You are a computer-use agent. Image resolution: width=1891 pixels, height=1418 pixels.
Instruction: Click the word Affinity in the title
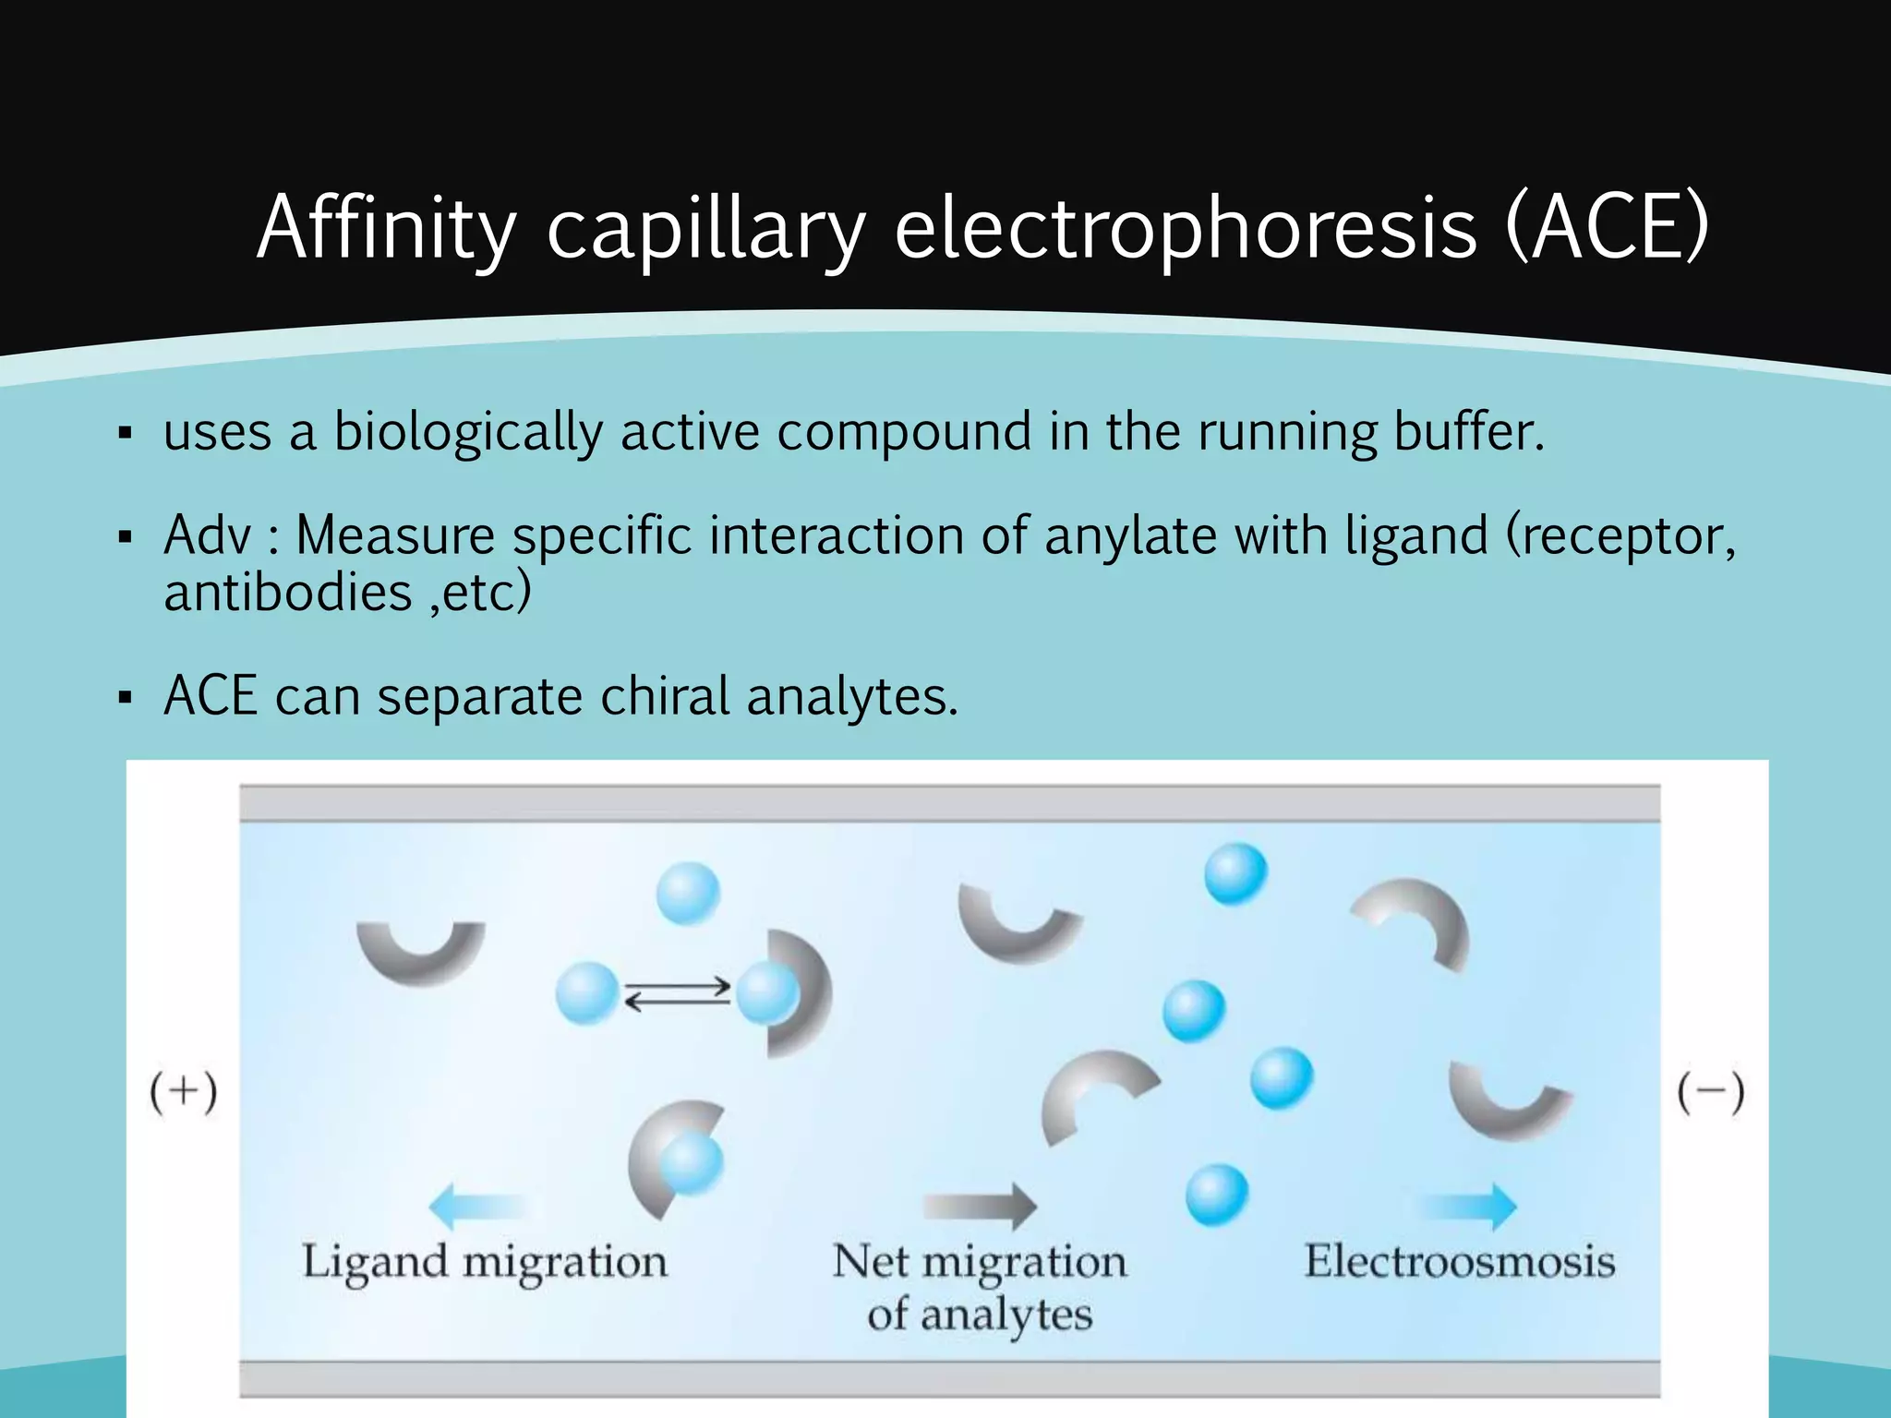(x=386, y=228)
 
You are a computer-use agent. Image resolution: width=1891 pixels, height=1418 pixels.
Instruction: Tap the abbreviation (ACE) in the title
(x=1607, y=228)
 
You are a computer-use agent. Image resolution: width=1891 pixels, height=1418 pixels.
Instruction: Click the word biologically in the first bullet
(x=467, y=432)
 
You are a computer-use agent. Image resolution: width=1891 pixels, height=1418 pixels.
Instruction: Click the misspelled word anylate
(x=1130, y=535)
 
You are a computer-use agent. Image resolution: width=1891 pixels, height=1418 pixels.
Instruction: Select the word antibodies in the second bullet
(x=287, y=592)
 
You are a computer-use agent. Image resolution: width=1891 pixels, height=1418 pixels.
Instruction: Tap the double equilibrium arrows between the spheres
(x=679, y=995)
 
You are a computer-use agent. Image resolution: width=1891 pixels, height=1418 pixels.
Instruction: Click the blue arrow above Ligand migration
(x=476, y=1206)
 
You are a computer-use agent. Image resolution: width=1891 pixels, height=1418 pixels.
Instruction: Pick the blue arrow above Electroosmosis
(x=1467, y=1206)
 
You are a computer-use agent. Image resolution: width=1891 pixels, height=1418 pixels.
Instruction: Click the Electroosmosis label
(x=1459, y=1262)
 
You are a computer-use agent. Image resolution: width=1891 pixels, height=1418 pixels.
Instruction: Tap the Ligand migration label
(x=485, y=1262)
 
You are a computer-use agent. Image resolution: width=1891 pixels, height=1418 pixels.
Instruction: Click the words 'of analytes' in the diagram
(x=980, y=1315)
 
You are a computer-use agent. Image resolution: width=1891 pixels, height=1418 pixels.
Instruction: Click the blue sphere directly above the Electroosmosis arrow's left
(x=1217, y=1195)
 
